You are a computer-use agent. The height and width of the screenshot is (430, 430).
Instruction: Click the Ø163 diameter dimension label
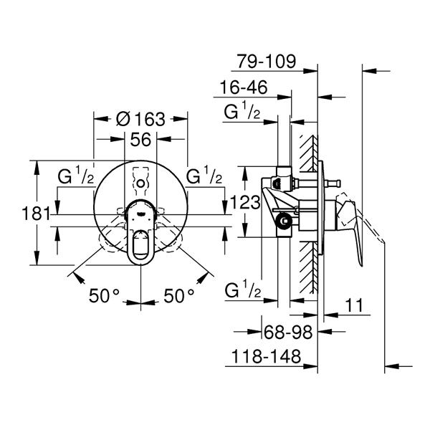click(x=140, y=120)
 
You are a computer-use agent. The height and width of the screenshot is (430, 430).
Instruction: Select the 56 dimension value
click(x=140, y=139)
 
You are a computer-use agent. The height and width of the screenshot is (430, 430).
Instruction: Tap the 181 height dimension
click(x=36, y=214)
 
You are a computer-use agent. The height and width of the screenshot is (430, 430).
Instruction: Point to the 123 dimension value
click(x=245, y=202)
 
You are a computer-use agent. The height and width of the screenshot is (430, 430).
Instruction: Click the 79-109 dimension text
click(x=267, y=61)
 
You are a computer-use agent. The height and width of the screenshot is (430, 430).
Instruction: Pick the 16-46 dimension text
click(x=244, y=87)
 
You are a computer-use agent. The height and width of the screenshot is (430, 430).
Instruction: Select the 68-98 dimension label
click(x=288, y=332)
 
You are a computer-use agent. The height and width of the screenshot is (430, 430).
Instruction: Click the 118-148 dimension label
click(x=267, y=356)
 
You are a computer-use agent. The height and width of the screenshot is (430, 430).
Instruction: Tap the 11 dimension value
click(x=354, y=305)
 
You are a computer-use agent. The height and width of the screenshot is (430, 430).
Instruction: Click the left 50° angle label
click(x=104, y=295)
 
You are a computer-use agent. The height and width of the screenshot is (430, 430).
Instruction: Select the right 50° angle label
click(x=179, y=295)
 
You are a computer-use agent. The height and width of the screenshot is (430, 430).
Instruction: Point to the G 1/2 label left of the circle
click(x=76, y=176)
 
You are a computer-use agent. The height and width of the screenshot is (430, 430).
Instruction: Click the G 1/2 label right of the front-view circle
click(x=204, y=176)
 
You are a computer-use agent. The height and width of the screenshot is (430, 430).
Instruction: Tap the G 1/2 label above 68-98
click(x=243, y=290)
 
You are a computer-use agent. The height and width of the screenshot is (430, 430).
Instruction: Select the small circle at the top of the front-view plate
click(x=140, y=183)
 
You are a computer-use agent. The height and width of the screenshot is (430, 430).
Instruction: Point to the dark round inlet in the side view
click(x=284, y=221)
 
